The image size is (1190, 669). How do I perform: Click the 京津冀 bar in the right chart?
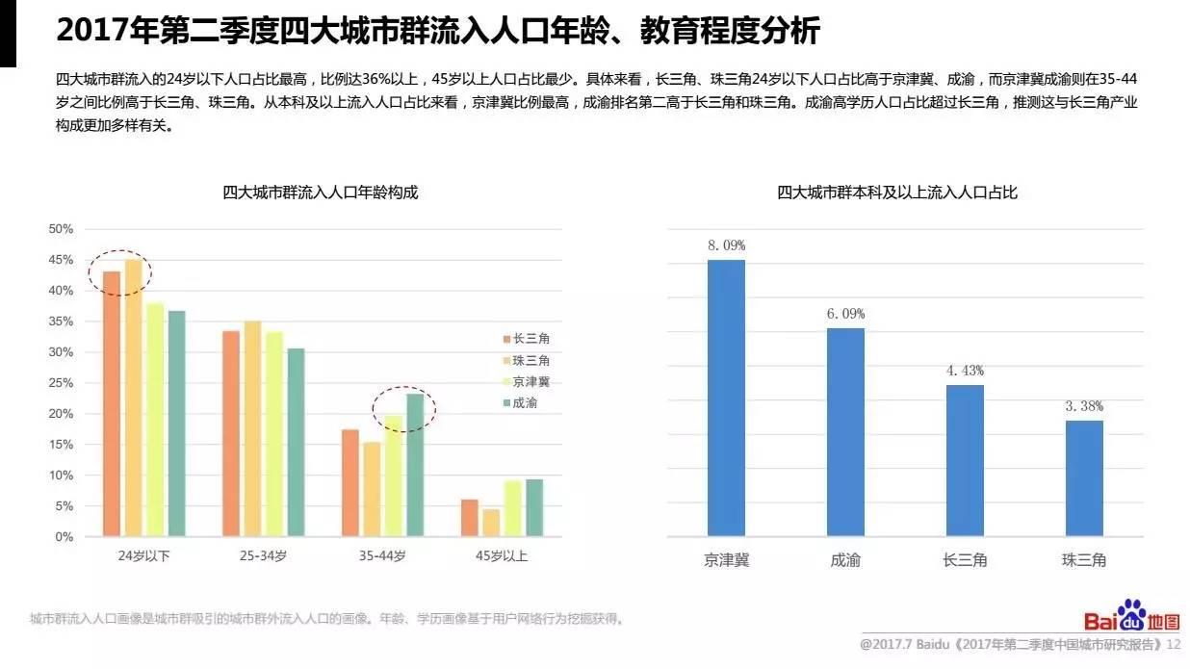726,398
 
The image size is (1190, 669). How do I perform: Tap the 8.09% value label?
726,245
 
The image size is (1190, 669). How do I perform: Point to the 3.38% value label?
1084,406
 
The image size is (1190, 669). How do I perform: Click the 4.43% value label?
965,371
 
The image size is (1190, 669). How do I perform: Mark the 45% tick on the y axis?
61,260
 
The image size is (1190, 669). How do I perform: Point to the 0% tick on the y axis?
64,537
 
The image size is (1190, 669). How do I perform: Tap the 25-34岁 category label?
263,556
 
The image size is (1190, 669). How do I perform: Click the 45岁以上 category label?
502,556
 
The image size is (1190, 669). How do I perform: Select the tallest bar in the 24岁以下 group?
133,398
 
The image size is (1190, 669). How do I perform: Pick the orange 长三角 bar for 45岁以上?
469,518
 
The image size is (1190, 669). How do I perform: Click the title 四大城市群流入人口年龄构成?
321,193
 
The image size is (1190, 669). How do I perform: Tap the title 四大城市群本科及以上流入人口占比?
897,193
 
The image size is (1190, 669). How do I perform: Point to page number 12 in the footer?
1174,644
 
